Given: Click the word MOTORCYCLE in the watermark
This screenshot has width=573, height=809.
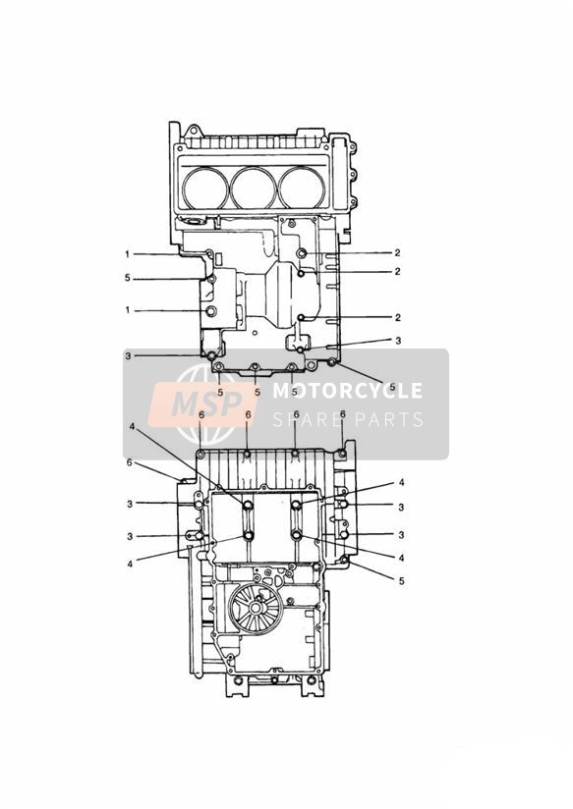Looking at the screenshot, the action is click(x=347, y=391).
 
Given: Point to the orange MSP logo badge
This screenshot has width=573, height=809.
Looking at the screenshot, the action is click(x=202, y=404).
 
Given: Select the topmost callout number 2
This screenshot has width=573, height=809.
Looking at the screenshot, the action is click(x=397, y=253).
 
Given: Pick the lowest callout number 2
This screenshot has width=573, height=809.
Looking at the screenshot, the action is click(x=397, y=318).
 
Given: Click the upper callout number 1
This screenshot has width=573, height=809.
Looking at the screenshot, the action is click(x=127, y=254).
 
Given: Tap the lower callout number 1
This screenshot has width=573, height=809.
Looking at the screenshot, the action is click(x=127, y=310).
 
